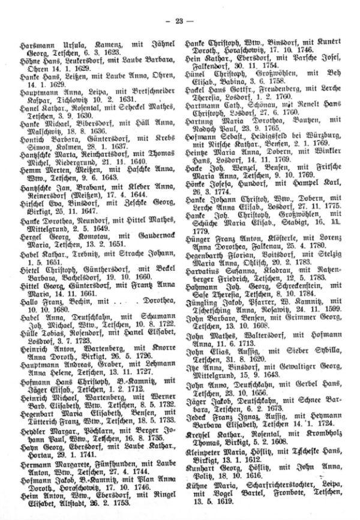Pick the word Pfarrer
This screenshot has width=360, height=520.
click(x=260, y=330)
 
